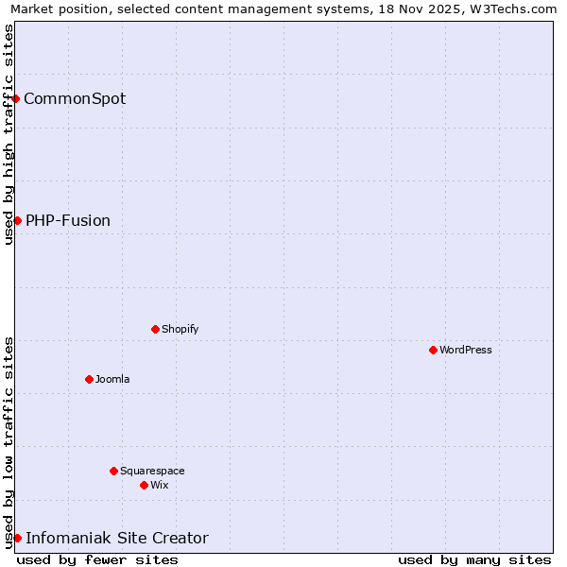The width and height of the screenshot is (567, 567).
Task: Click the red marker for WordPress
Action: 433,350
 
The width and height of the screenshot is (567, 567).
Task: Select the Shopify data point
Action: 155,329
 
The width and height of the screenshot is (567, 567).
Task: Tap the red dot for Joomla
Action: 89,379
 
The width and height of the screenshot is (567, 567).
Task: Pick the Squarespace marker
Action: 113,471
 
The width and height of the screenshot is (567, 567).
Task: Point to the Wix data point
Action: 144,485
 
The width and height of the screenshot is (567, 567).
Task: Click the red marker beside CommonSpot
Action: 16,98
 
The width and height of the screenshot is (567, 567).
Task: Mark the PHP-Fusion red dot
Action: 17,220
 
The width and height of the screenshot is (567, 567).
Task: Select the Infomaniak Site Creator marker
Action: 17,538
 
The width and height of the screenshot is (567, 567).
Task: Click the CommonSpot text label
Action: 75,98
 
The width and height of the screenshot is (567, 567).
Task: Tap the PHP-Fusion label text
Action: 68,220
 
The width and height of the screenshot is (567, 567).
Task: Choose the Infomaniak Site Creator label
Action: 117,538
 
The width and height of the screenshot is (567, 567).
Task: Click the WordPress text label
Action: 466,350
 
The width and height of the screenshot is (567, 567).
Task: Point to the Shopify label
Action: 180,329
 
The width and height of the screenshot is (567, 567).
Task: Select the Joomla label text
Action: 112,379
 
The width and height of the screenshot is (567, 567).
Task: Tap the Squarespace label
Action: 152,471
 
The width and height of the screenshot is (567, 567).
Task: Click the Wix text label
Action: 159,485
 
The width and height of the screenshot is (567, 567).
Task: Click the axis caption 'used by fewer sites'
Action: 97,559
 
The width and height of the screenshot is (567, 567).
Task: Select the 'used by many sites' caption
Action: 474,559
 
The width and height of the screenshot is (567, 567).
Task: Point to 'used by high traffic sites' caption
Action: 9,134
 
